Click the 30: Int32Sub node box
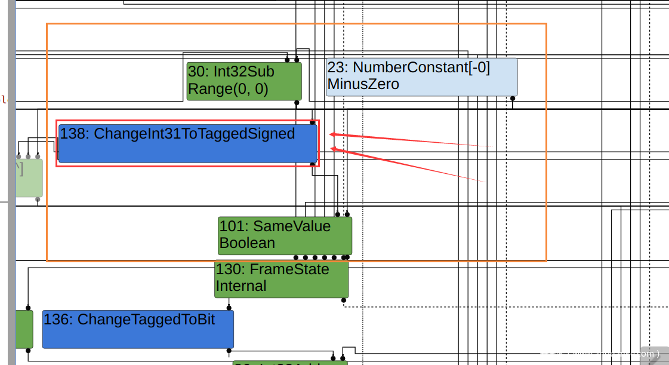(x=244, y=81)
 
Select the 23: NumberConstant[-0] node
(x=421, y=76)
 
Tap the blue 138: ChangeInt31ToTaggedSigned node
(x=187, y=143)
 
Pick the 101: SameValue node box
(x=285, y=235)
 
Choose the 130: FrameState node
(x=281, y=278)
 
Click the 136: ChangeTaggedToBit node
(x=138, y=329)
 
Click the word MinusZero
(x=363, y=84)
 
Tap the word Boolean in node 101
(x=247, y=243)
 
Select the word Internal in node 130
(x=241, y=286)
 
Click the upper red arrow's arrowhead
(x=332, y=134)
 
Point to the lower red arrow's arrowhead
(x=332, y=149)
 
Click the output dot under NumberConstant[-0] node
(x=513, y=98)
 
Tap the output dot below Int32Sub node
(x=297, y=102)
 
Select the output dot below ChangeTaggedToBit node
(x=229, y=350)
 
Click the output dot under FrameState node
(x=344, y=300)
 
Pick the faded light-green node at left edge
(x=29, y=177)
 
